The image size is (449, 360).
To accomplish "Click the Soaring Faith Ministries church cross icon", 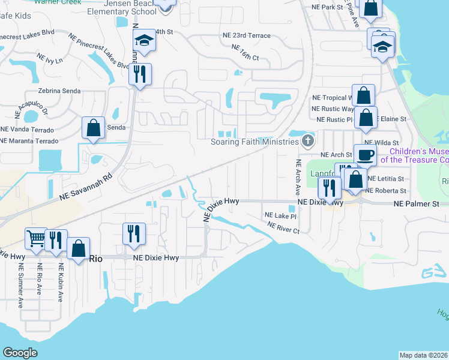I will (x=308, y=142).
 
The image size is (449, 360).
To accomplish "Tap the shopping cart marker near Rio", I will (x=35, y=239).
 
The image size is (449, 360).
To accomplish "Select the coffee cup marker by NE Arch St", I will (x=365, y=155).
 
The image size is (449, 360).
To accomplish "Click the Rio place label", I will (x=97, y=258).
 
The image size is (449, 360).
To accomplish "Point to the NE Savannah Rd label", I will (x=86, y=187).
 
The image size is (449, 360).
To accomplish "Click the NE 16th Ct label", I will (x=245, y=52).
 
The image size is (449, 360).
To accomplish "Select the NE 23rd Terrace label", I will (x=246, y=35).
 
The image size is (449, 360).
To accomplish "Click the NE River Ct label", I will (x=283, y=227).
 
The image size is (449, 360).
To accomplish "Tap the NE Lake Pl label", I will (x=281, y=215).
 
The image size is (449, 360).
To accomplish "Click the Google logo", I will (x=20, y=353).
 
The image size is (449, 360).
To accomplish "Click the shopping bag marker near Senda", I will (x=93, y=128).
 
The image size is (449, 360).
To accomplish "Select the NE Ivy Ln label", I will (x=49, y=61).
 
